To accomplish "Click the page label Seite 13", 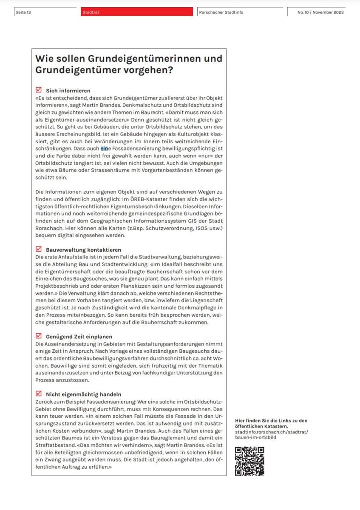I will point(23,12).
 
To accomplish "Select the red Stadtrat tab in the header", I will point(91,12).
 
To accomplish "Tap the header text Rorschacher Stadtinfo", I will point(221,12).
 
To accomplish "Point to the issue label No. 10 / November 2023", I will point(320,12).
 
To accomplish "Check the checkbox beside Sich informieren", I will point(39,90).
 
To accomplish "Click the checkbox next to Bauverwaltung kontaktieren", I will point(39,249).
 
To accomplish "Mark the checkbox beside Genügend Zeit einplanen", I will point(39,336).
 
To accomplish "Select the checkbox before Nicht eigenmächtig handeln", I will point(39,394).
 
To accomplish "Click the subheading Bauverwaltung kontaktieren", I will point(83,250).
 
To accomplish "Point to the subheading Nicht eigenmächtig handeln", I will point(83,394).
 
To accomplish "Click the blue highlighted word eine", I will point(105,149).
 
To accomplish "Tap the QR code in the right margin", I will point(249,461).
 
